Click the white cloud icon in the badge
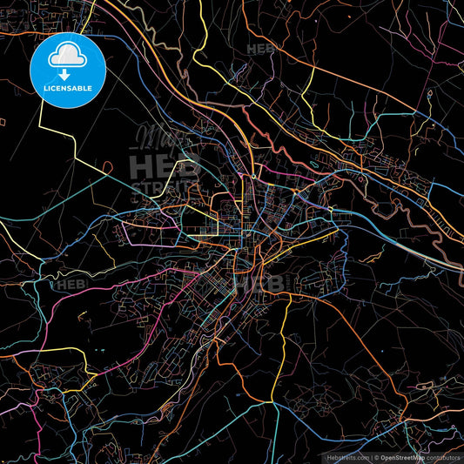(x=68, y=57)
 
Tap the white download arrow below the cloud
(x=68, y=73)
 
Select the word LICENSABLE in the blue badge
(x=68, y=89)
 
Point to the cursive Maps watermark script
(x=161, y=138)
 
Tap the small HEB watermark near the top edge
(x=261, y=50)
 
